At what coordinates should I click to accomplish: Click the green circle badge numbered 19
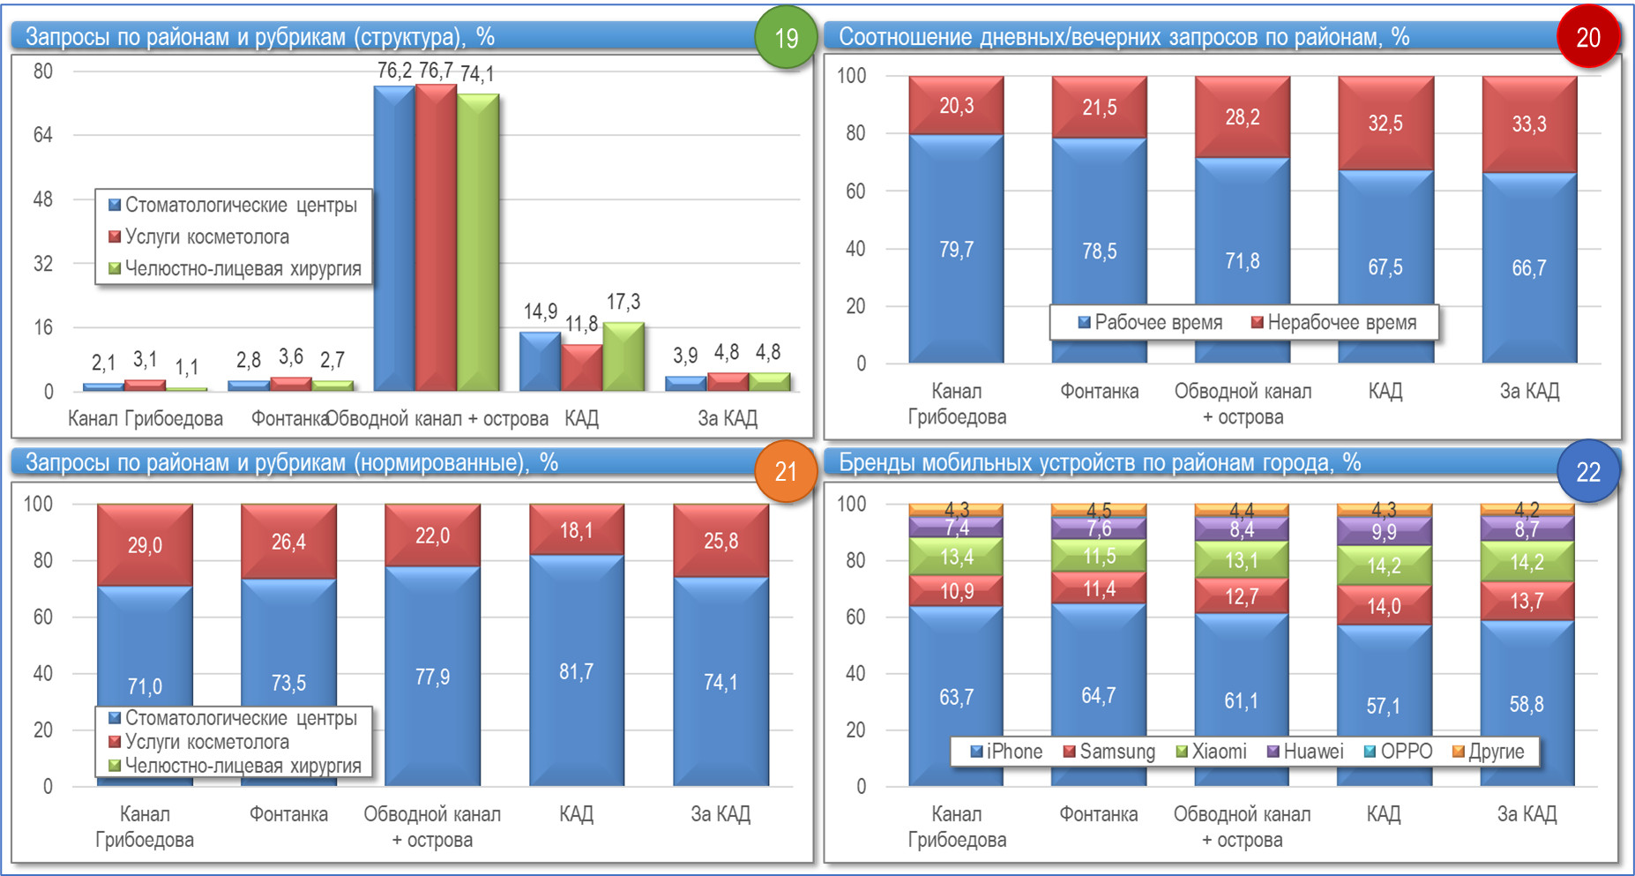click(785, 38)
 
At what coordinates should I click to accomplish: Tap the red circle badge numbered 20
click(1587, 38)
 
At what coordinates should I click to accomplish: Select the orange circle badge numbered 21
click(785, 472)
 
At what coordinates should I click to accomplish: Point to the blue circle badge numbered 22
click(1587, 472)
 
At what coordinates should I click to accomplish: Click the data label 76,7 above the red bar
click(436, 71)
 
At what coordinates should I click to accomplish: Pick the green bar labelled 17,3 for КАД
click(623, 357)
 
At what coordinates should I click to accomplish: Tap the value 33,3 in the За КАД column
click(1528, 124)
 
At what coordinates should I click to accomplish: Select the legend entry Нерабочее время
click(1341, 323)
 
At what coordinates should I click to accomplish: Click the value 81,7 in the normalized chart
click(576, 672)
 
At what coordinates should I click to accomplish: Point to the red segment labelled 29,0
click(145, 545)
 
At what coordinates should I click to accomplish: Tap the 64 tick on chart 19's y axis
click(43, 135)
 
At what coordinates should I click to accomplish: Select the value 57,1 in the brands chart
click(1383, 706)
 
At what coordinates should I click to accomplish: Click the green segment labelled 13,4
click(956, 558)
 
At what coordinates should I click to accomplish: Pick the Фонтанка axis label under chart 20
click(1099, 391)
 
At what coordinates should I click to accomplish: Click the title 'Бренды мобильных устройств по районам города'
click(1099, 463)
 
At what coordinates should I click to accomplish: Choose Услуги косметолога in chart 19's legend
click(206, 237)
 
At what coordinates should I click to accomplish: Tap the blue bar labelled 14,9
click(539, 362)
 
